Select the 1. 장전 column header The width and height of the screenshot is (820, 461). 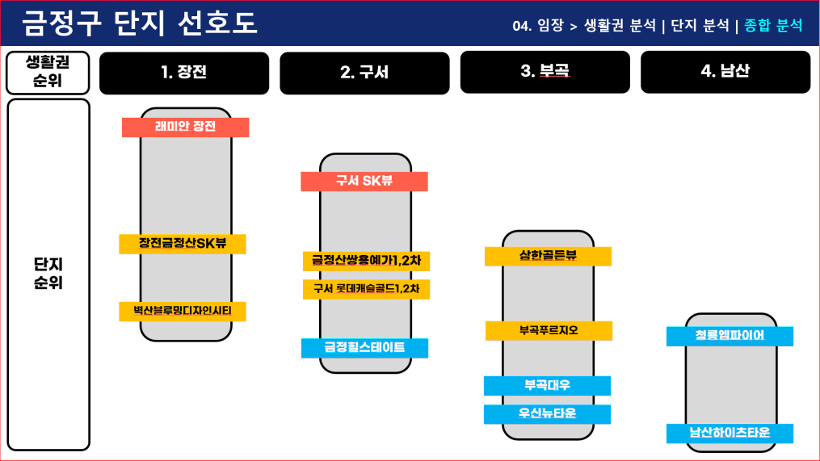184,72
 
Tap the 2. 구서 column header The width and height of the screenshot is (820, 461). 364,73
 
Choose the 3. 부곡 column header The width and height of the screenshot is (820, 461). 545,72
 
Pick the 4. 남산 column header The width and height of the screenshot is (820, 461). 725,72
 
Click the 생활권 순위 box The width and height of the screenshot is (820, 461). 48,73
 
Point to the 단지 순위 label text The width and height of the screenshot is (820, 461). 48,274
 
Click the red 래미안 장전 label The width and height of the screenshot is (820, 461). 186,127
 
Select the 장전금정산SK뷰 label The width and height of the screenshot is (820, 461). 182,244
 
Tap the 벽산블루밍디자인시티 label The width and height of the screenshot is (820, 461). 182,311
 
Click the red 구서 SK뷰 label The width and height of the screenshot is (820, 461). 364,182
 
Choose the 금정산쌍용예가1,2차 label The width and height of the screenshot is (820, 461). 366,261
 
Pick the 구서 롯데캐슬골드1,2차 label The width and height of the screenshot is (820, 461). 366,289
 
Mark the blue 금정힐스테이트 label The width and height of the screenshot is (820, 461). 364,348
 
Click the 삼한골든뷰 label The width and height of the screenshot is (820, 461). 548,256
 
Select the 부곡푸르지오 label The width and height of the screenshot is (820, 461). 549,331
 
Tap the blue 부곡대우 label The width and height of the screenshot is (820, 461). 547,385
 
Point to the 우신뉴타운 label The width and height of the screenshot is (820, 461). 547,414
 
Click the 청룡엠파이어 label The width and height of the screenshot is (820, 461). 730,336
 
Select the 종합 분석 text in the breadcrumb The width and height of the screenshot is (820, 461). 773,25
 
